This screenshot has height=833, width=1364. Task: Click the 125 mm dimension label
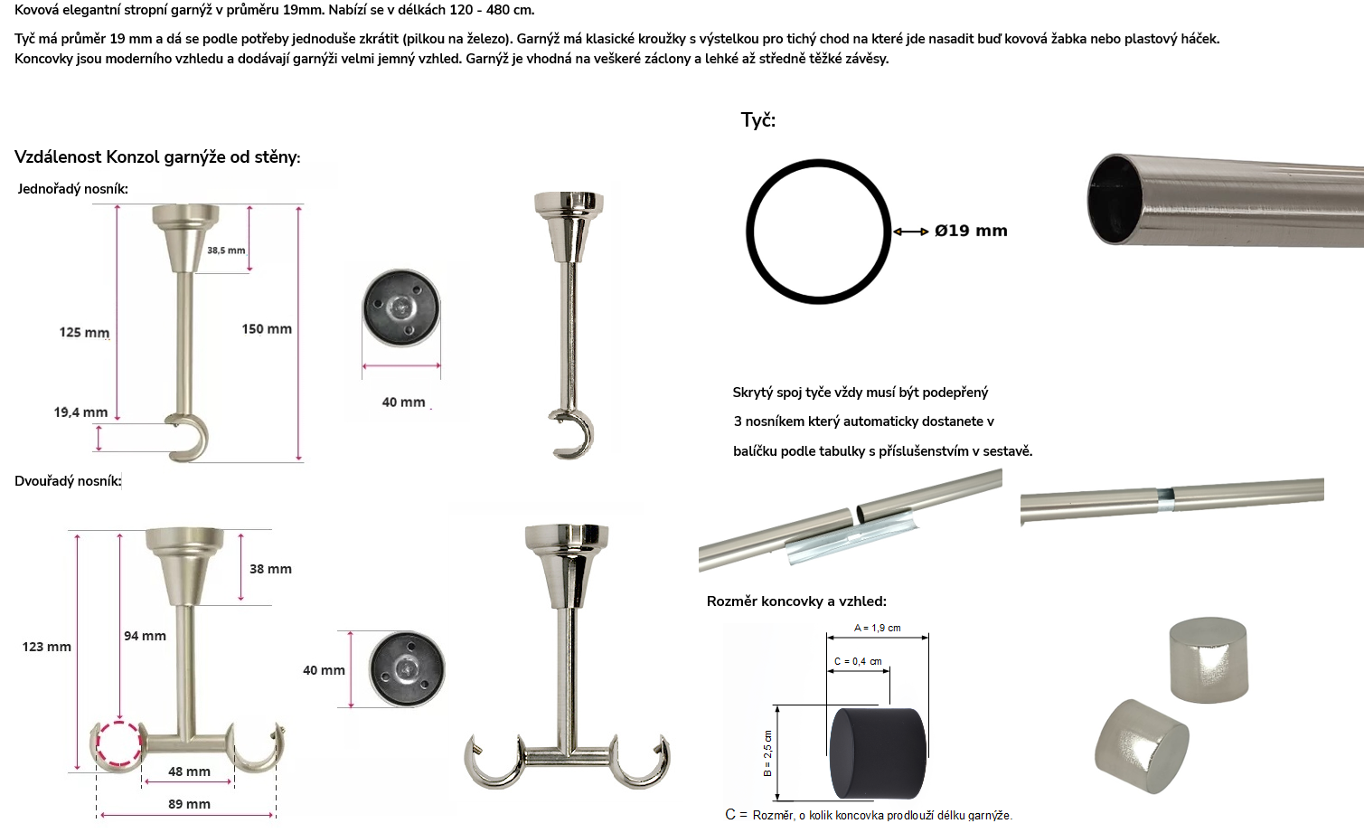point(84,332)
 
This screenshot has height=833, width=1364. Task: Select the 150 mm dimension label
point(267,329)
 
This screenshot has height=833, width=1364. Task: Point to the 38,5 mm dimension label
point(226,251)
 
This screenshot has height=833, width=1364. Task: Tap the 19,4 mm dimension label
point(80,412)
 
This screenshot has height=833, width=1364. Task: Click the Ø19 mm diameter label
point(971,231)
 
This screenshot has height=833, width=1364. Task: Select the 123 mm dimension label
point(46,647)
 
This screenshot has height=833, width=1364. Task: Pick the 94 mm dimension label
point(145,636)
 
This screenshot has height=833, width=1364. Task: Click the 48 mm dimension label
point(190,771)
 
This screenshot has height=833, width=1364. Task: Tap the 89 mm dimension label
point(190,804)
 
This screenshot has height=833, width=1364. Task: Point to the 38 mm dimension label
point(270,569)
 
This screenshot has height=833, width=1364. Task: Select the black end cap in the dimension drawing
point(878,753)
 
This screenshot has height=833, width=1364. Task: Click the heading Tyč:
point(758,119)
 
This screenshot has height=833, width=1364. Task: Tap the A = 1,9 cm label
point(878,628)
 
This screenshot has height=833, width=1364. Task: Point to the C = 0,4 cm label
point(858,661)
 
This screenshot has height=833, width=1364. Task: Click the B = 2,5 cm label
point(767,753)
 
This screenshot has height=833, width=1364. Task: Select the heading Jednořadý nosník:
point(72,189)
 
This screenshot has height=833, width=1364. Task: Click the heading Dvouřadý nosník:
point(68,481)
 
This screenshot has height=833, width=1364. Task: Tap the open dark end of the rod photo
point(1116,199)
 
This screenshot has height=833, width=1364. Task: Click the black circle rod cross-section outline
point(750,232)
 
